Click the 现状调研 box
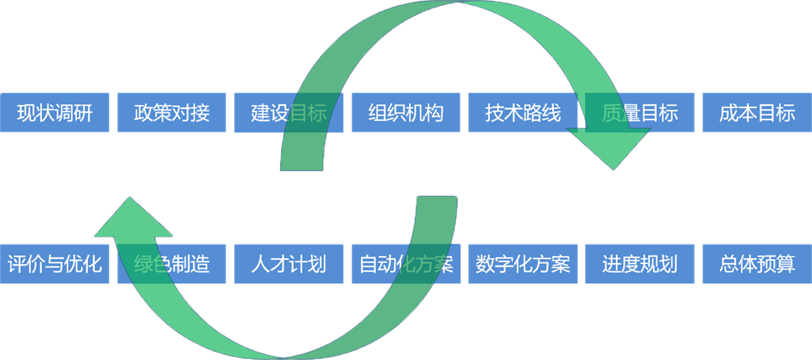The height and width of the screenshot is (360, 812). click(x=56, y=113)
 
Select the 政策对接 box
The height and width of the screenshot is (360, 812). click(x=173, y=113)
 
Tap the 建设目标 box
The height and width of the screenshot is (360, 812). click(x=289, y=113)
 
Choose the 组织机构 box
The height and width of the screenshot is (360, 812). click(x=406, y=113)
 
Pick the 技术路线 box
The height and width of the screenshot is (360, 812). click(x=523, y=113)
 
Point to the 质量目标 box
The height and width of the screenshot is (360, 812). click(x=640, y=113)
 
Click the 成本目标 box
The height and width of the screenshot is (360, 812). click(x=757, y=113)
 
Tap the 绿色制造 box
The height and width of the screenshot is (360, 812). click(x=173, y=264)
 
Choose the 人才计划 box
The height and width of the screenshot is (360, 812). click(x=289, y=264)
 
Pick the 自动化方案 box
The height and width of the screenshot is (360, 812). click(x=406, y=264)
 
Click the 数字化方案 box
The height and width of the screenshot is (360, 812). click(x=523, y=264)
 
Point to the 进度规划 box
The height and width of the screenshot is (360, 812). click(x=640, y=264)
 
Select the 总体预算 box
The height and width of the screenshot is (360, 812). click(x=757, y=264)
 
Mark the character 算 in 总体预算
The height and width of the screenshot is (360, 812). click(x=785, y=264)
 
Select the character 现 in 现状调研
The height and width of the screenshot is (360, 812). click(x=27, y=113)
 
